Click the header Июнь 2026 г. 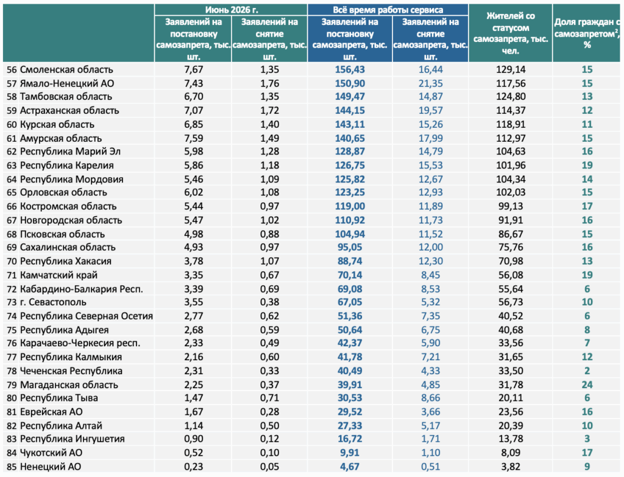click(x=232, y=10)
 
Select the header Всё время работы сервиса click(x=388, y=10)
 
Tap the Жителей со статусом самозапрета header click(x=511, y=33)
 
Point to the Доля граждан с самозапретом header click(x=587, y=33)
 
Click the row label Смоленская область click(x=66, y=69)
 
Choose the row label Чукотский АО click(x=51, y=453)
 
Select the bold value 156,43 click(x=350, y=69)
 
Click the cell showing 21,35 click(x=431, y=83)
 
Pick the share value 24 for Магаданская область click(x=587, y=385)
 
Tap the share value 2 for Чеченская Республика click(x=587, y=371)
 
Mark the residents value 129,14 click(x=511, y=69)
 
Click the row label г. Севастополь click(x=54, y=302)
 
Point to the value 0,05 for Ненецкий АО click(x=270, y=467)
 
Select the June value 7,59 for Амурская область click(x=194, y=138)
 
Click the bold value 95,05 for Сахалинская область click(x=350, y=247)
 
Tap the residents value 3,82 click(x=511, y=467)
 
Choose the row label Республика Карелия click(x=67, y=165)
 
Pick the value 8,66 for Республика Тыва click(x=431, y=398)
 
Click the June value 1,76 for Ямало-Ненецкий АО click(x=270, y=83)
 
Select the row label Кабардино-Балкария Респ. click(x=81, y=289)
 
